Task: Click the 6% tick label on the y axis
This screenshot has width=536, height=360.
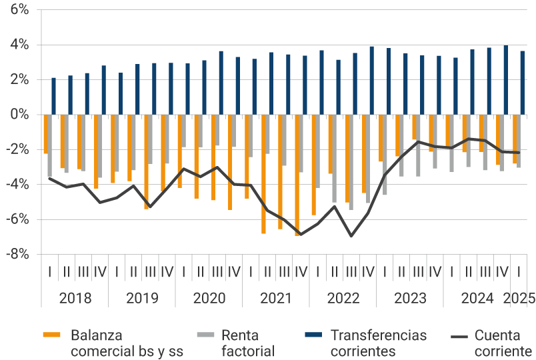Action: pos(19,10)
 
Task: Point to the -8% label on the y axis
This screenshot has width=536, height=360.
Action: pos(17,254)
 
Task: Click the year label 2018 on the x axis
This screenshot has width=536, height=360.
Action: pos(75,298)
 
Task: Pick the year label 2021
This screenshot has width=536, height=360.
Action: pos(276,298)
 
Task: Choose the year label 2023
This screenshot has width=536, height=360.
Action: pos(410,298)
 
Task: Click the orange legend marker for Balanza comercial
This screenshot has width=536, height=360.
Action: pos(51,334)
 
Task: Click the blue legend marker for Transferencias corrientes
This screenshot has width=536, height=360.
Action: pos(312,334)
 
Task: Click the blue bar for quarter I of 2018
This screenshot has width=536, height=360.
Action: pos(54,96)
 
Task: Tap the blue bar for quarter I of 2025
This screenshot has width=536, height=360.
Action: pos(523,83)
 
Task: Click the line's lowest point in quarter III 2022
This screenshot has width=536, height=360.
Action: pos(351,236)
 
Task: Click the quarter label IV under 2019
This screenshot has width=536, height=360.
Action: pos(167,271)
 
